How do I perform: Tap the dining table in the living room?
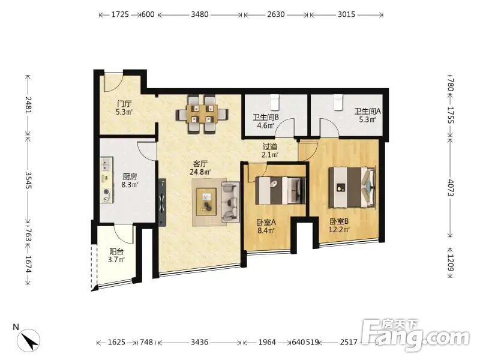click(x=202, y=115)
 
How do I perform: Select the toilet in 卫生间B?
click(x=275, y=102)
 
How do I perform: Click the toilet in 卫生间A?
click(x=338, y=102)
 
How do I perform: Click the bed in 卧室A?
click(x=280, y=190)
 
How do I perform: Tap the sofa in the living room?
click(x=230, y=202)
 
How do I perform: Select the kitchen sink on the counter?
click(x=107, y=163)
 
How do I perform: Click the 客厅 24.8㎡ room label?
click(x=200, y=168)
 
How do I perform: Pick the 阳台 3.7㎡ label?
click(x=116, y=256)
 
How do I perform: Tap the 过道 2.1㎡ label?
click(x=269, y=151)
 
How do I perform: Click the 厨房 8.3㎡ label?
click(x=130, y=181)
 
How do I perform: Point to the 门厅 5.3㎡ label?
click(x=124, y=108)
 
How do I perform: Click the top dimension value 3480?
click(x=200, y=14)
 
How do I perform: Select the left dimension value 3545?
click(x=28, y=180)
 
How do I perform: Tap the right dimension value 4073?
click(x=451, y=188)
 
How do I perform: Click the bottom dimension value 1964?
click(x=267, y=342)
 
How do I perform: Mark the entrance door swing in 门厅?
click(x=113, y=82)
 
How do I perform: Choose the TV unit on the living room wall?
click(x=162, y=203)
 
